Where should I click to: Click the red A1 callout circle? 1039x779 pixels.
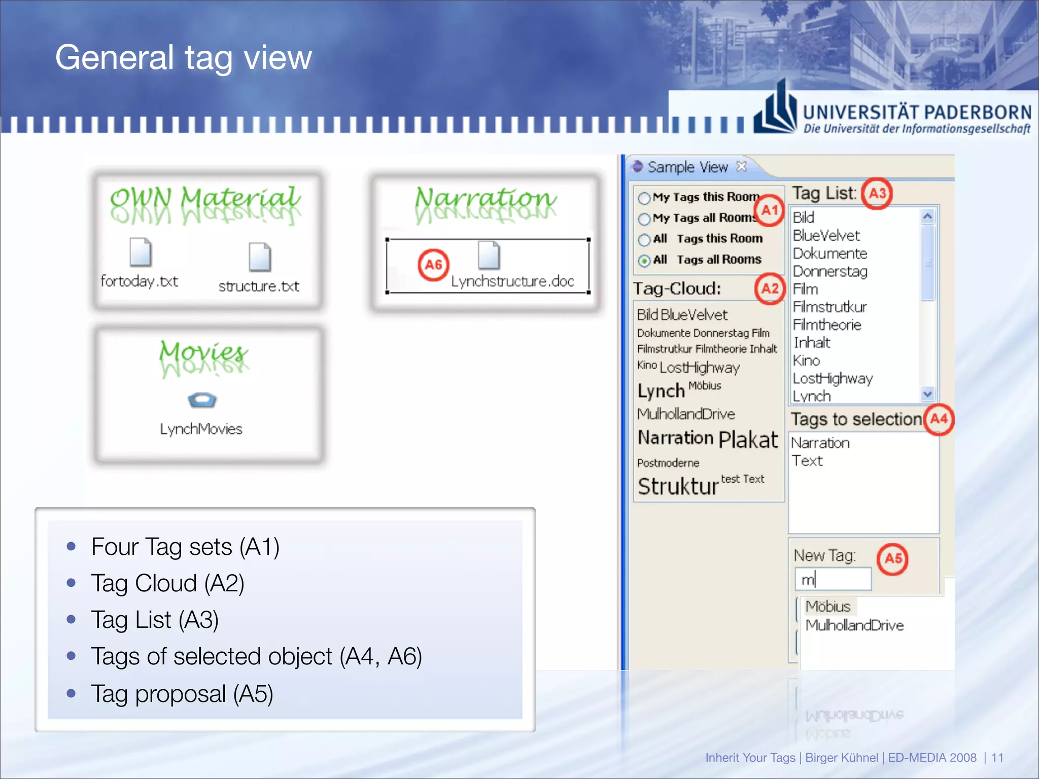click(x=769, y=209)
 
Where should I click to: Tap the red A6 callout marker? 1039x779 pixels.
click(x=433, y=264)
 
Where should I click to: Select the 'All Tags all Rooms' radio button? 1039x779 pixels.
click(x=644, y=261)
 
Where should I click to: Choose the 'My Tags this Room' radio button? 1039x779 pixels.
click(x=644, y=198)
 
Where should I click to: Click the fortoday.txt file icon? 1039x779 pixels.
click(x=141, y=252)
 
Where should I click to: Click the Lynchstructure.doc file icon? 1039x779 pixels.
click(x=489, y=255)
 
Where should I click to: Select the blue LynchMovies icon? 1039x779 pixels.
click(x=202, y=400)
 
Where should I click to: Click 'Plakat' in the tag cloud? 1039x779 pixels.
click(x=748, y=440)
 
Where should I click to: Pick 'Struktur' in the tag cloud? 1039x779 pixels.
click(x=678, y=486)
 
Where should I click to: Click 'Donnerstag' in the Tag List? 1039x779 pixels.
click(x=830, y=272)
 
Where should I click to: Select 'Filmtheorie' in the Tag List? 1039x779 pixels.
click(x=827, y=325)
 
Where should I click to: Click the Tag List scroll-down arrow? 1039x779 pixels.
click(x=928, y=394)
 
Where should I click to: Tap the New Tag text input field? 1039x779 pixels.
click(x=833, y=579)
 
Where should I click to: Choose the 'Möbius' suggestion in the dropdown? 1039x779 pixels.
click(x=828, y=607)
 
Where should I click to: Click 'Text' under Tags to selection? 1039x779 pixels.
click(x=807, y=461)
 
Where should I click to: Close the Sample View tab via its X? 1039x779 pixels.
click(x=742, y=166)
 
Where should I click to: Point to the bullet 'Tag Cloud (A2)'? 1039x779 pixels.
click(x=167, y=583)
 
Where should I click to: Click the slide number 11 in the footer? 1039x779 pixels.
click(x=997, y=758)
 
